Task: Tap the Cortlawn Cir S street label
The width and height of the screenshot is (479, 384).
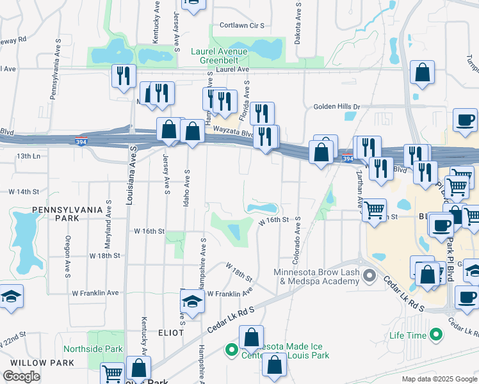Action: point(242,26)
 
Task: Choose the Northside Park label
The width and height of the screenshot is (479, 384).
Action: point(92,349)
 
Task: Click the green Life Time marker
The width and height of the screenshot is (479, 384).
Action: point(436,335)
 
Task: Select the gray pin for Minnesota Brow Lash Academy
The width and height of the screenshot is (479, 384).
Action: point(369,277)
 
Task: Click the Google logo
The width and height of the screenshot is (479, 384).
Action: point(21,376)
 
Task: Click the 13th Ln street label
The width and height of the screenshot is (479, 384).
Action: point(28,156)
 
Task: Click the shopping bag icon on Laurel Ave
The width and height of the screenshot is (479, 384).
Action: point(423,74)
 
